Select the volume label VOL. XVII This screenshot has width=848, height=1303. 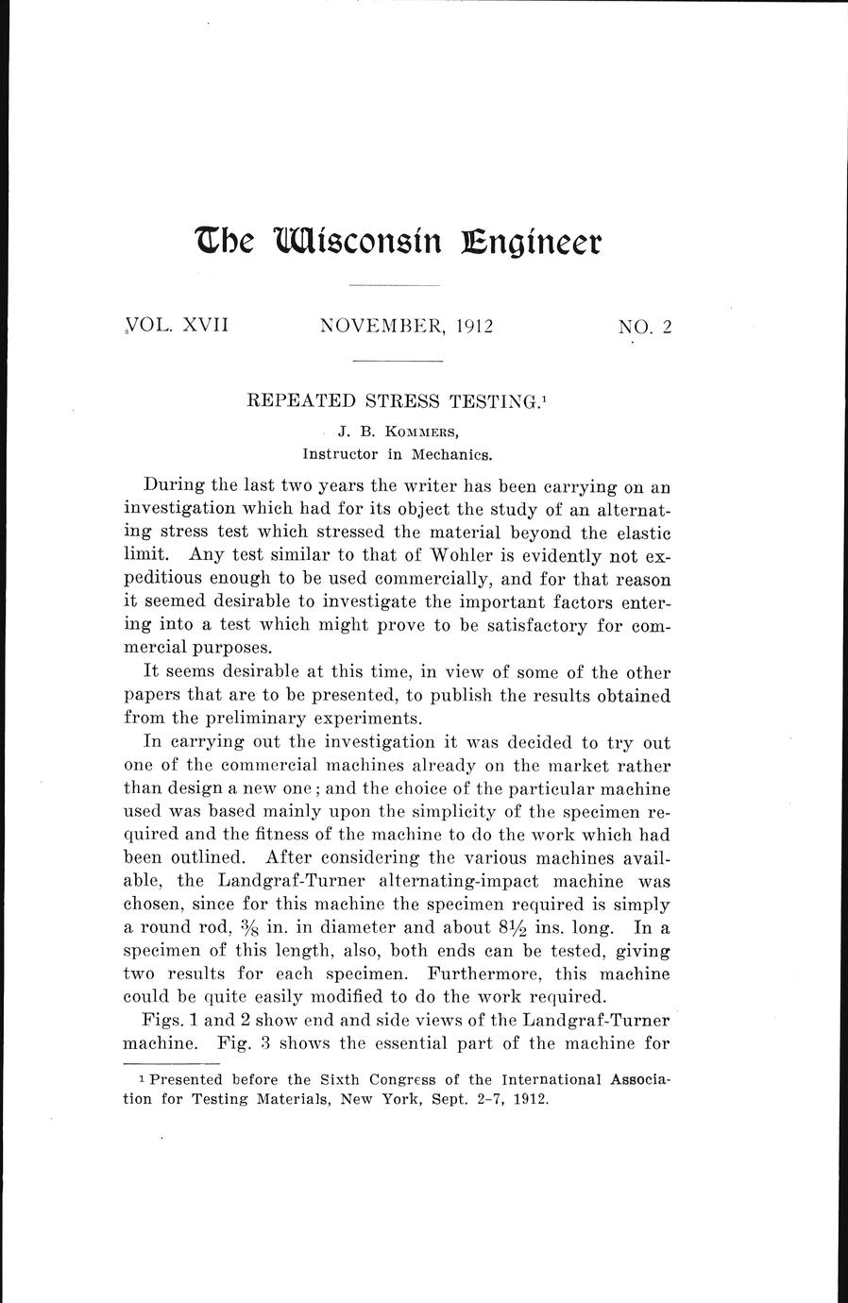pos(177,327)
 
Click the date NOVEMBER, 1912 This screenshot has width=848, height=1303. pos(408,327)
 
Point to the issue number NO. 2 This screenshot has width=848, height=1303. pos(645,328)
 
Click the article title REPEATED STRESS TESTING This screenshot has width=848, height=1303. pos(396,400)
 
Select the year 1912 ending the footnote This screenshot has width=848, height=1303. pos(529,1099)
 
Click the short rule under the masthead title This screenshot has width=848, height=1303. pos(395,285)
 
